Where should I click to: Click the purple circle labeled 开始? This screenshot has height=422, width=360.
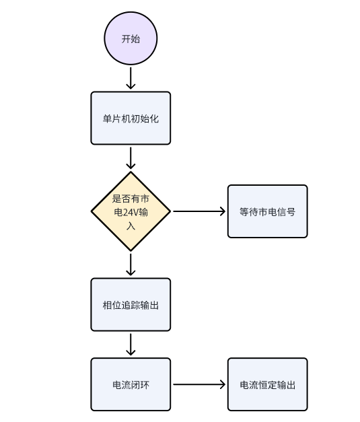coord(131,38)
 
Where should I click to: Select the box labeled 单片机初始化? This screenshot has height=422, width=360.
coord(131,118)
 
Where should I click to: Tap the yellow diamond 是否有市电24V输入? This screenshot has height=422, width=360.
coord(131,211)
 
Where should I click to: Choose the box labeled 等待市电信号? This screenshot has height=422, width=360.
coord(267,211)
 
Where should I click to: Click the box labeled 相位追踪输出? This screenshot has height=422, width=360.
coord(131,304)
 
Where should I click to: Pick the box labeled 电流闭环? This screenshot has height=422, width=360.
coord(131,384)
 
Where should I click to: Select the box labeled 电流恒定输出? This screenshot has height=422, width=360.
coord(267,384)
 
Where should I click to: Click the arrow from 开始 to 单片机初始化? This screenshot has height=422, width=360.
coord(131,78)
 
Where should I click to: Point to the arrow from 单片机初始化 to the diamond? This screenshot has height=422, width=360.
coord(131,158)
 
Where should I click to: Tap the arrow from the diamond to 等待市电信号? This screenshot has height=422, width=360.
coord(199,211)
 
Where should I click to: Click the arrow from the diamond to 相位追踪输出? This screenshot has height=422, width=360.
coord(131,265)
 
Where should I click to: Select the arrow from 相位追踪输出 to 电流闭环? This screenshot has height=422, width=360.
coord(131,345)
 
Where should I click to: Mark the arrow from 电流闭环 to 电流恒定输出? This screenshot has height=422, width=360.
coord(199,384)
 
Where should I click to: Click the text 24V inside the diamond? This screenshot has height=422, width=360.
coord(131,212)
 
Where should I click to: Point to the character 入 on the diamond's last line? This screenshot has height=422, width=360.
coord(131,225)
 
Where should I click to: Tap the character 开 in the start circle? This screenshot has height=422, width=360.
coord(126,38)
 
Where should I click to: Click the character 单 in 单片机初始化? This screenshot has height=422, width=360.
coord(107,118)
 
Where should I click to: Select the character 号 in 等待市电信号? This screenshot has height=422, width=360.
coord(291,211)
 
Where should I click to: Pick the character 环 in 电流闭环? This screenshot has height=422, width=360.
coord(145,385)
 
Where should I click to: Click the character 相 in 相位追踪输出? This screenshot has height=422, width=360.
coord(107,305)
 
